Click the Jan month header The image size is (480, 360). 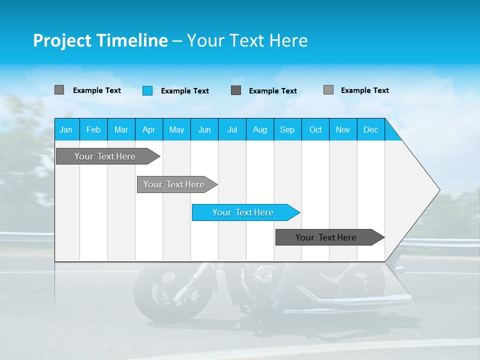[x=66, y=129]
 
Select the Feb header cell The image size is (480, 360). [x=93, y=129]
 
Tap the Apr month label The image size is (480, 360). [x=148, y=129]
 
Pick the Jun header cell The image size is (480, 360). [x=204, y=129]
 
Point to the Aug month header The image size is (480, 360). [x=259, y=129]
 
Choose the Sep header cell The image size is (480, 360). [x=287, y=129]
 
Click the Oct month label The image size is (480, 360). [x=315, y=129]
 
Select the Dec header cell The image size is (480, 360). [x=370, y=129]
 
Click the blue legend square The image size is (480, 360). [x=147, y=90]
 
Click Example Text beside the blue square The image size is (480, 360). [x=184, y=91]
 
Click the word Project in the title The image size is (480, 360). [x=62, y=40]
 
